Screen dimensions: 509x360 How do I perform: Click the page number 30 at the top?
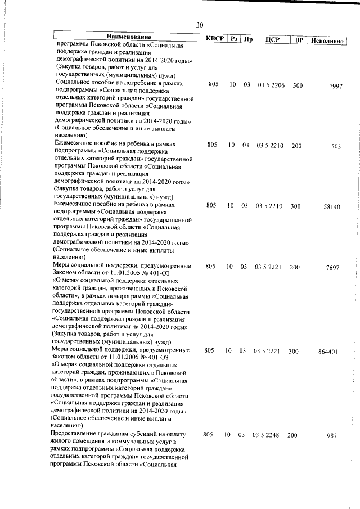200,25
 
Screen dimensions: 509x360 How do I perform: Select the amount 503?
336,147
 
